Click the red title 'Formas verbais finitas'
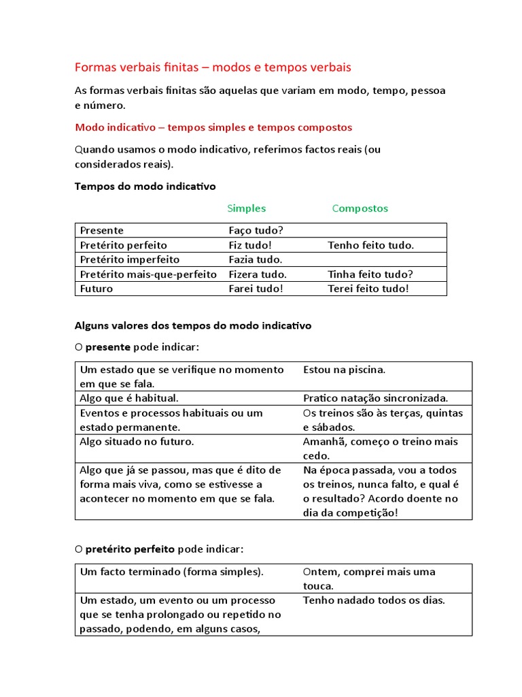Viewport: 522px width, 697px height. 212,67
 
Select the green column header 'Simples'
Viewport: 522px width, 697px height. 246,208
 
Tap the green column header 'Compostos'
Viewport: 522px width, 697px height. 360,208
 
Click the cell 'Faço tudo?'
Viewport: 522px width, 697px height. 256,231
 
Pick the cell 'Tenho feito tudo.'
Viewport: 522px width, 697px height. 370,245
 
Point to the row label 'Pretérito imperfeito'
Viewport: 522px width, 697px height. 129,259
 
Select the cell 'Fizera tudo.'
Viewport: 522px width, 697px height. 258,274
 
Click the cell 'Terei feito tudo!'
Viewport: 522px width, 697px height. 368,289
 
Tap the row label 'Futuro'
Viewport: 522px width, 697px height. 97,289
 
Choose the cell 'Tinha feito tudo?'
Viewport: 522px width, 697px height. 370,274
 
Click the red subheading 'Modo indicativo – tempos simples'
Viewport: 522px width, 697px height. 213,127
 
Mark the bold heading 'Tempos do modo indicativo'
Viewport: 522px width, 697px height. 144,185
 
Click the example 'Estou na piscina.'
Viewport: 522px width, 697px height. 344,370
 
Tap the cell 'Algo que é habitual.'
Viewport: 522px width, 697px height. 129,398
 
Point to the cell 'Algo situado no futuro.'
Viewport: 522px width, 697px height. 137,442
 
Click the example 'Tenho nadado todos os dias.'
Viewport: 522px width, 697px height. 374,600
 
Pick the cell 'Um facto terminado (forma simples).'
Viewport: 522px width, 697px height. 171,572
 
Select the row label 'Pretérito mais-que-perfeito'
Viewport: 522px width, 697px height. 148,274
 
